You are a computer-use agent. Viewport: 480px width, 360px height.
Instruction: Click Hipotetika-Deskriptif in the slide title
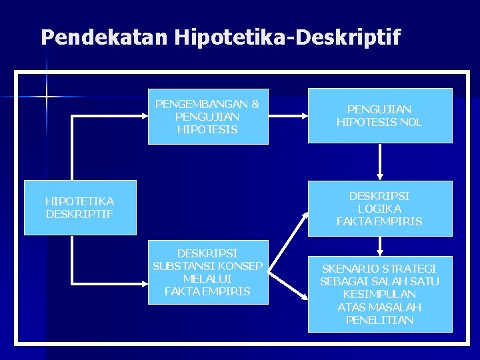[x=287, y=37]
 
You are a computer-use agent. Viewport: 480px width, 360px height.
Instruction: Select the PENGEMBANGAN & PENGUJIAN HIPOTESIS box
[x=208, y=116]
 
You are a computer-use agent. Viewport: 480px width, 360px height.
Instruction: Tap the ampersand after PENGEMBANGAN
[x=255, y=104]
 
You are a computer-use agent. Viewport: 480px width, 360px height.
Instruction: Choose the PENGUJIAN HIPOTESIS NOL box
[x=379, y=115]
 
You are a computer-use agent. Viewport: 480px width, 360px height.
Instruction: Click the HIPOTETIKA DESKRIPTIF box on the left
[x=80, y=207]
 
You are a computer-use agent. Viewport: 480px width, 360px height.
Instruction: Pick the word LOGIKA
[x=379, y=209]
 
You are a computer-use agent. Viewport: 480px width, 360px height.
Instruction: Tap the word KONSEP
[x=244, y=266]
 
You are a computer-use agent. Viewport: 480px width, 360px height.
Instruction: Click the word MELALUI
[x=207, y=279]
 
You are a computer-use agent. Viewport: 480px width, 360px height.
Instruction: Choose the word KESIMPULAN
[x=379, y=294]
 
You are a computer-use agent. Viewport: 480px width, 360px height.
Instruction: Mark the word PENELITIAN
[x=379, y=320]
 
